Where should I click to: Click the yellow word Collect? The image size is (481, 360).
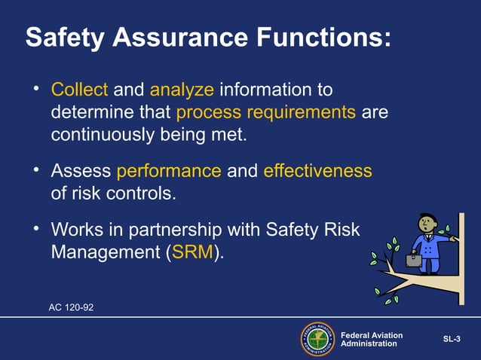(79, 91)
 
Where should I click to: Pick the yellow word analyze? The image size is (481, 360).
(182, 91)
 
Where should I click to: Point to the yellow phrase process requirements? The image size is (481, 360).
(265, 114)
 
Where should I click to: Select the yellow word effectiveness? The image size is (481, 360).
(317, 171)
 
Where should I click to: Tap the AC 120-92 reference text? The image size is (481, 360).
(72, 307)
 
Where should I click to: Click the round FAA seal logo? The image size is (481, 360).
(317, 338)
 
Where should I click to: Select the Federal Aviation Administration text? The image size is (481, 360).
(372, 339)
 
